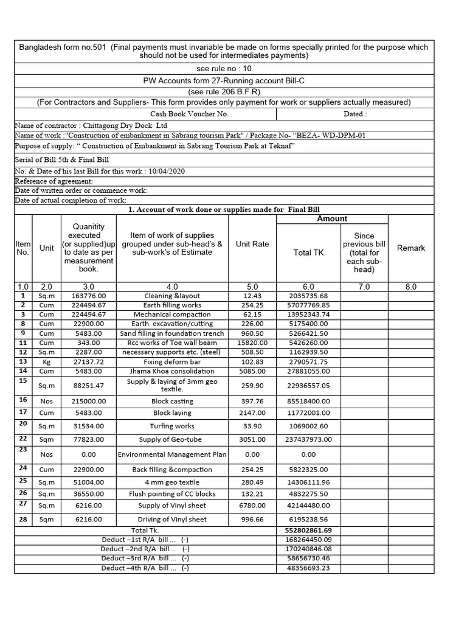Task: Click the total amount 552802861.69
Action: pos(308,531)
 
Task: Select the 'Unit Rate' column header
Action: pos(252,244)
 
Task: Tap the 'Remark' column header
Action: pos(411,248)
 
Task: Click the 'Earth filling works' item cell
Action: pos(172,305)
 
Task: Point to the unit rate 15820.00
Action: pos(252,343)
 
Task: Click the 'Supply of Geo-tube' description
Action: pos(172,439)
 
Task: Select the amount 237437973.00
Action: pos(308,439)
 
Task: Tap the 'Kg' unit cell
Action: pos(47,362)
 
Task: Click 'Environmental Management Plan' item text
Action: pos(172,454)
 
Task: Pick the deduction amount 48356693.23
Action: pos(308,568)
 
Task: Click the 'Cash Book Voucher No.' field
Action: pos(190,114)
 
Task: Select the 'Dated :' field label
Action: pos(355,114)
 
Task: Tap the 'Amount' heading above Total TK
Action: pos(333,218)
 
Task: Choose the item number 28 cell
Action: pos(22,520)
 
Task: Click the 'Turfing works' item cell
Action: pos(172,426)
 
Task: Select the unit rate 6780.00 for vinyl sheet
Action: pos(252,506)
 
